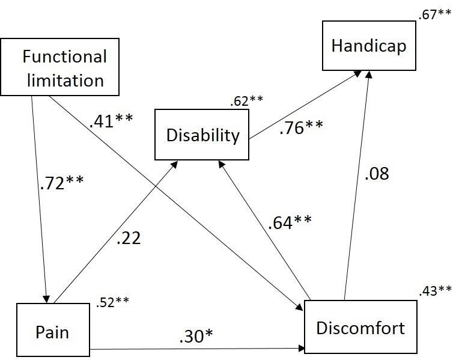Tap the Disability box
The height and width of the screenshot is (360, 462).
(x=202, y=135)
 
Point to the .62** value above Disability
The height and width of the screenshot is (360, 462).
(x=247, y=102)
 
